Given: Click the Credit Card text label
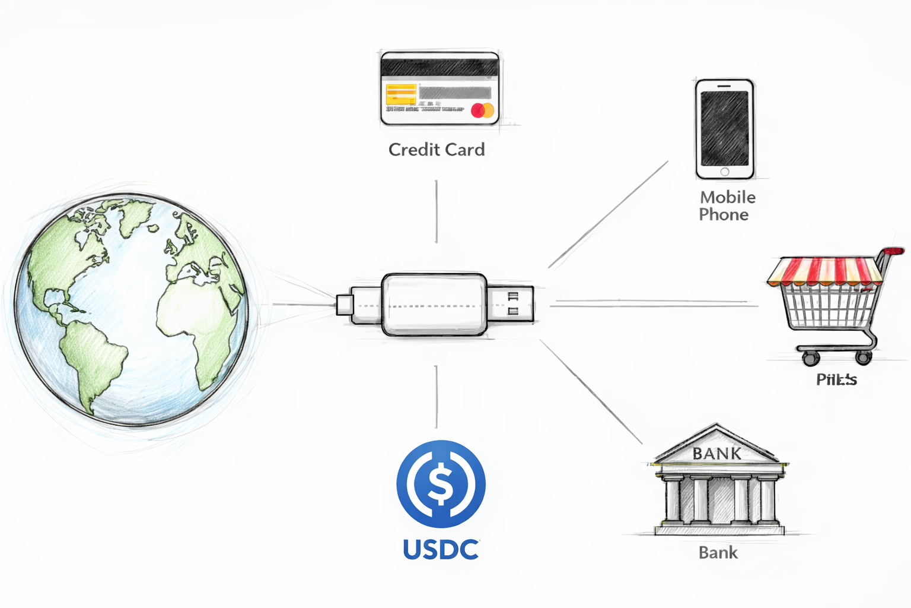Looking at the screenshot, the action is click(437, 150).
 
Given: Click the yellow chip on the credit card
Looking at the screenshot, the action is click(401, 94).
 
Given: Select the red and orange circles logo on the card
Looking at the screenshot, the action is click(482, 110).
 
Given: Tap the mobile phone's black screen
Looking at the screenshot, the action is click(724, 128).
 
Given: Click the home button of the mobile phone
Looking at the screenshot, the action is click(725, 172).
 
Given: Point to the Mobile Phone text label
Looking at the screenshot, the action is click(727, 205).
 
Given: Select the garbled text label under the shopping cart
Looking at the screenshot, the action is click(836, 379).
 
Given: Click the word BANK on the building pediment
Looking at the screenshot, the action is click(716, 454).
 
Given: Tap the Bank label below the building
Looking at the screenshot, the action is click(718, 553).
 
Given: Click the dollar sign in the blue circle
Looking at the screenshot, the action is click(441, 484).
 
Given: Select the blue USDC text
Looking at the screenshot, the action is click(441, 550).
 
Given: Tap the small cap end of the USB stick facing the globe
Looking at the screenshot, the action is click(345, 305).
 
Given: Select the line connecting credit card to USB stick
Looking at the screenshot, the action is click(437, 211).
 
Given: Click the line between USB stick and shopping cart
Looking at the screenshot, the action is click(652, 303).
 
